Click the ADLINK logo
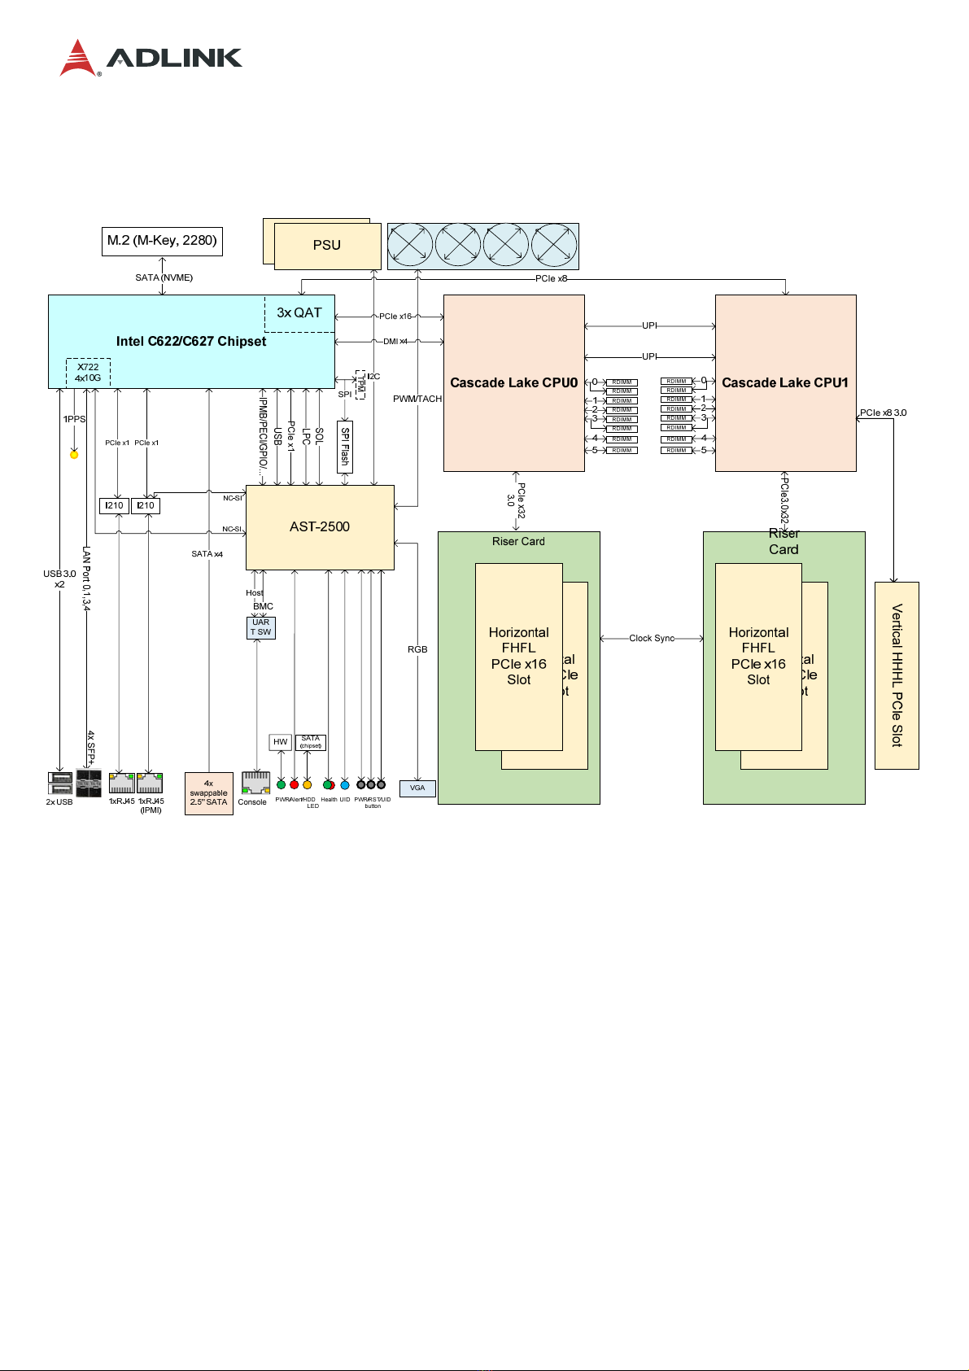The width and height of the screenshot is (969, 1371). point(151,58)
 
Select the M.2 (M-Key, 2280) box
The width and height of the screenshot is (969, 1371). point(162,241)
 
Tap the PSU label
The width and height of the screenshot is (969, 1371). point(327,245)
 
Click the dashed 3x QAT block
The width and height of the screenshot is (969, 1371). point(299,313)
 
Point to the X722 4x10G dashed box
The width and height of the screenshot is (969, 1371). point(88,373)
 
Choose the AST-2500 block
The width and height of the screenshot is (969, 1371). point(320,527)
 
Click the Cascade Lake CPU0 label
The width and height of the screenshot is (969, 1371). point(513,382)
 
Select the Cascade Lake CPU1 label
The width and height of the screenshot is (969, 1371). point(785,382)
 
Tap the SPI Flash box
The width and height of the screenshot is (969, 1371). point(345,446)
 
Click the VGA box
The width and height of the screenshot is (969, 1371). point(417,788)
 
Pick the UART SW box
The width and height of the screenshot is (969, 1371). point(261,627)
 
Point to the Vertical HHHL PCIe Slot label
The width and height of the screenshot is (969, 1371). point(897,675)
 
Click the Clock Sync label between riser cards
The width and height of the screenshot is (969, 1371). point(652,639)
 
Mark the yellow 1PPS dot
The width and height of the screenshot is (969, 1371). point(74,455)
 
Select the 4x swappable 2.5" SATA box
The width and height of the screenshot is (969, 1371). point(208,793)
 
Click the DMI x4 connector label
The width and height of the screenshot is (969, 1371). point(395,342)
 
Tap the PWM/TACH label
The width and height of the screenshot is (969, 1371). point(417,399)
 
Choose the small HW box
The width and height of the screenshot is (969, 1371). point(281,742)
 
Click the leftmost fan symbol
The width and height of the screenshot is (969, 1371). point(411,245)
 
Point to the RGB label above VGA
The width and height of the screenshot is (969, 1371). point(417,649)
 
